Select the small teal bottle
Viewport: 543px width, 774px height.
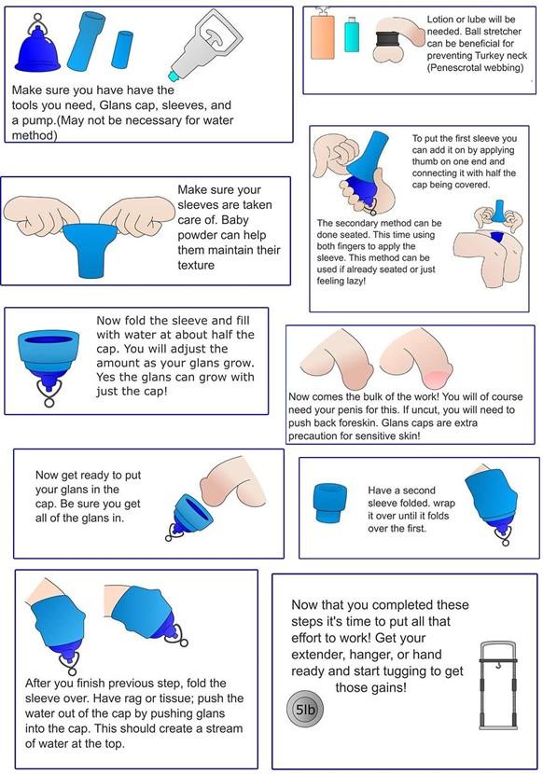tap(352, 35)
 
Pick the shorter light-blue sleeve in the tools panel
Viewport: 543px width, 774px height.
tap(123, 49)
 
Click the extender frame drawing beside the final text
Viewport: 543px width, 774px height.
tap(498, 685)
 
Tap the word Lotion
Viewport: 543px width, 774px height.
tap(439, 20)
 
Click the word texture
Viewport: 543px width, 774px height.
tap(196, 265)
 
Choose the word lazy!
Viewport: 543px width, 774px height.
tap(355, 282)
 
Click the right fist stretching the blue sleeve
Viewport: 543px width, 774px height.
tap(137, 215)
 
